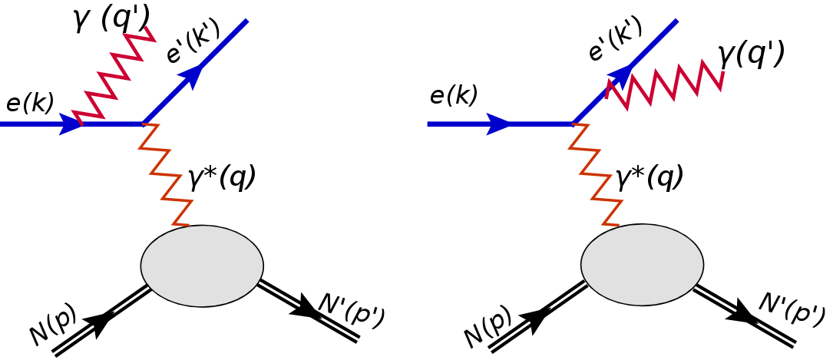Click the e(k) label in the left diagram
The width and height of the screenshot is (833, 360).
pos(29,104)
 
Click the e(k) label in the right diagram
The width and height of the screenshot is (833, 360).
pos(454,95)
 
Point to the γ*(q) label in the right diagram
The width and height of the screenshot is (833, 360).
pos(650,178)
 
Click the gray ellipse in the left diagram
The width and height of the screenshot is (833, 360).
pos(202,264)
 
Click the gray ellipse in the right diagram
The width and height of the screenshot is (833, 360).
pos(642,266)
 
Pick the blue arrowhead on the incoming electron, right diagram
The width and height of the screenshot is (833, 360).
pos(498,124)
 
